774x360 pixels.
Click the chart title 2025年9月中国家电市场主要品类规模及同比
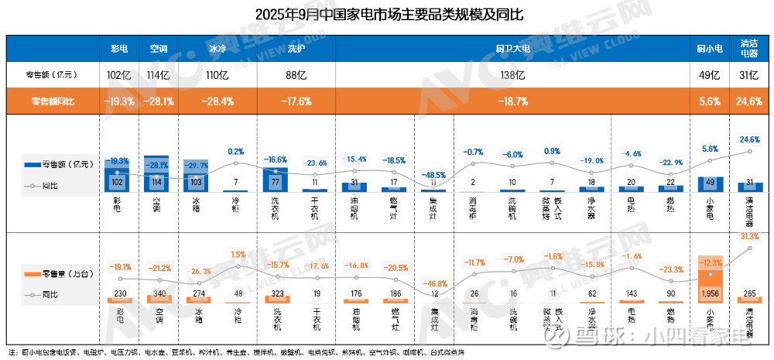388,15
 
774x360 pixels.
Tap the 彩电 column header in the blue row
118,48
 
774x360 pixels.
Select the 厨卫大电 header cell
512,48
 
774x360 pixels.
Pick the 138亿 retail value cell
512,75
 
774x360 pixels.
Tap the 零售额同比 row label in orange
53,101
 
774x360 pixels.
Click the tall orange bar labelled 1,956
711,280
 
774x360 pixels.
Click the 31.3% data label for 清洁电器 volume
749,236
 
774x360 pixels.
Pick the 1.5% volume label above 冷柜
238,255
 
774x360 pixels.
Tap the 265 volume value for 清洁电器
749,294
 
